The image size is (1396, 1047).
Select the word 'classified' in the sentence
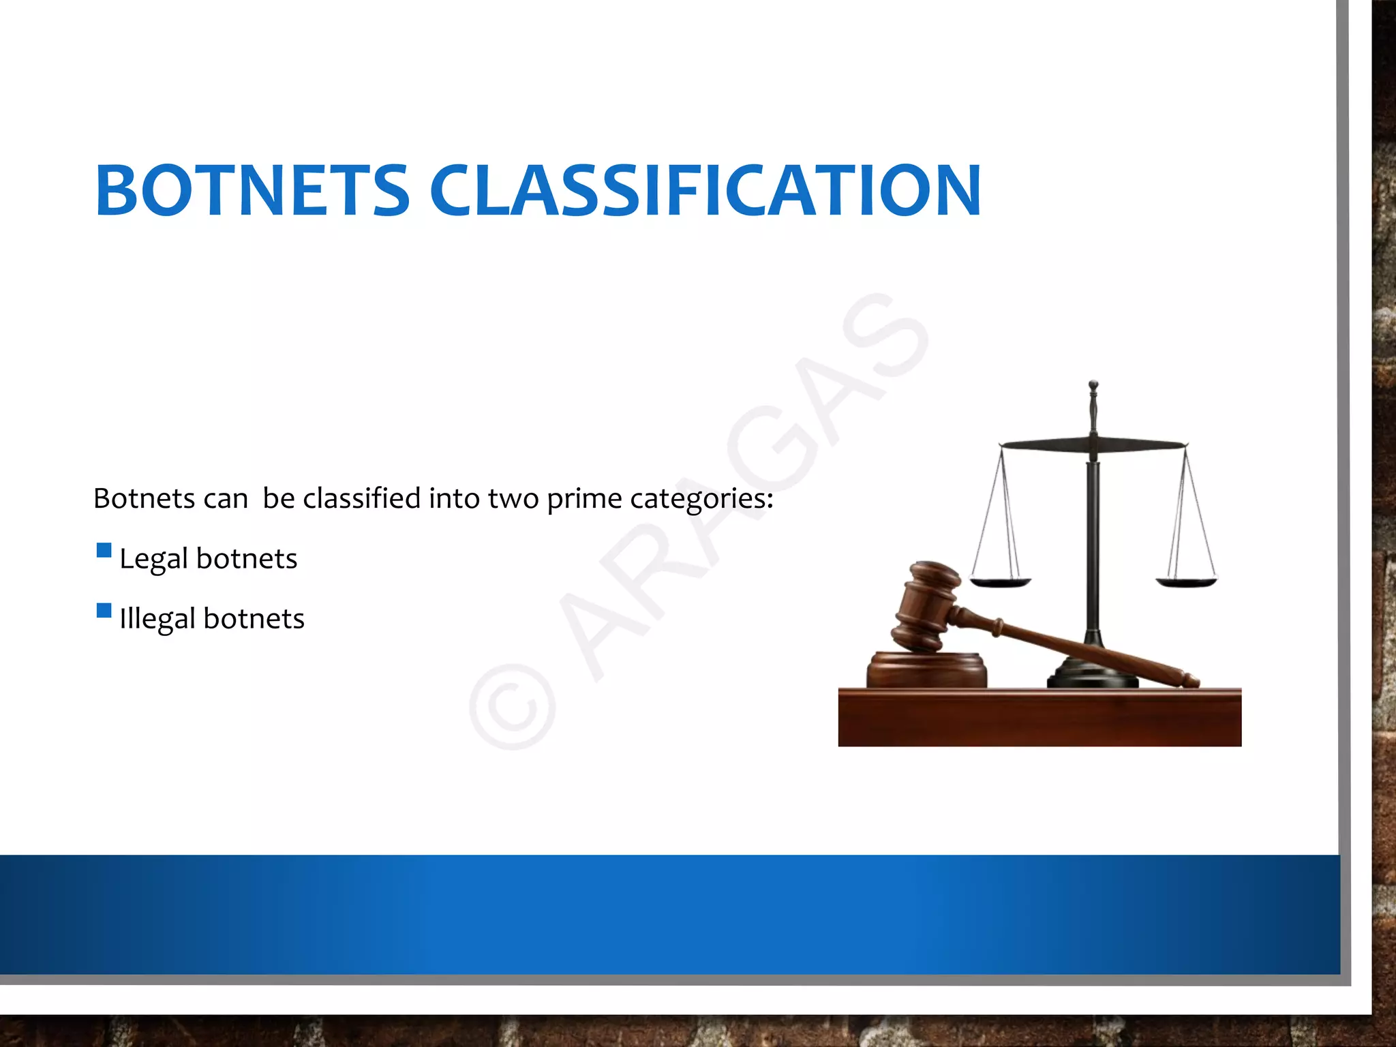click(x=362, y=498)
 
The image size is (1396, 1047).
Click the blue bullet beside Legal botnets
click(x=104, y=550)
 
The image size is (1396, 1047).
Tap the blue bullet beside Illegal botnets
click(x=104, y=610)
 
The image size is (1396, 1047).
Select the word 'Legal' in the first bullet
click(x=153, y=559)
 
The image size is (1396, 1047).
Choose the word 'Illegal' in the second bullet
click(x=157, y=619)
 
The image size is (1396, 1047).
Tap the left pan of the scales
click(x=1000, y=582)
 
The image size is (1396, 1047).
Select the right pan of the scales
click(x=1186, y=582)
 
